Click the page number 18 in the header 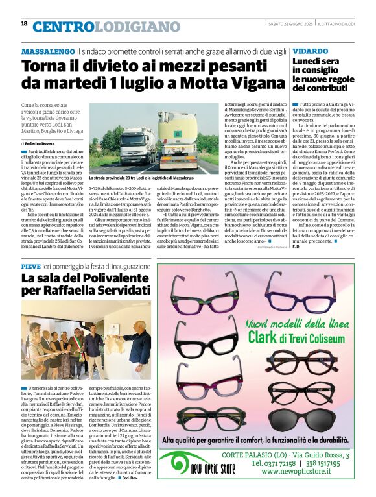click(x=24, y=23)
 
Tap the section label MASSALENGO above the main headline click(x=47, y=51)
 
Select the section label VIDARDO click(x=310, y=51)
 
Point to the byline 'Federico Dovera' click(x=41, y=142)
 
